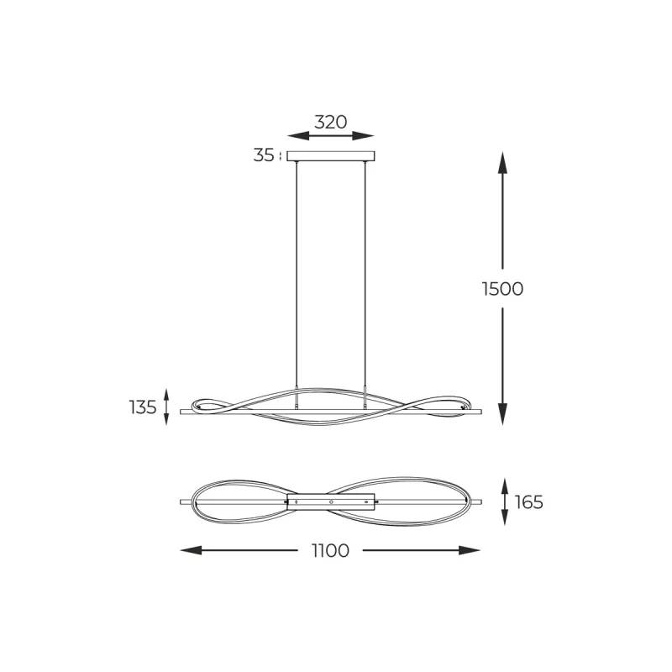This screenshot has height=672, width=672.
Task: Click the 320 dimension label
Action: (330, 122)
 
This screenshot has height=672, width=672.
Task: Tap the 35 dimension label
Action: (263, 155)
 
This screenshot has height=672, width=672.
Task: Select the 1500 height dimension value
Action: (502, 289)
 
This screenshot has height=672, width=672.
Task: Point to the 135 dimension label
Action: (143, 407)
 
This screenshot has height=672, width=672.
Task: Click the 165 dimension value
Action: (529, 501)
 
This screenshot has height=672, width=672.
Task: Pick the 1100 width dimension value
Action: (330, 551)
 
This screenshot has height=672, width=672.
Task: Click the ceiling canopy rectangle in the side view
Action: (330, 156)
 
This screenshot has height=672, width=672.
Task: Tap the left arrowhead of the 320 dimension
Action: (298, 136)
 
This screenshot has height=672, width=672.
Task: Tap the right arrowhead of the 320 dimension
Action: (363, 136)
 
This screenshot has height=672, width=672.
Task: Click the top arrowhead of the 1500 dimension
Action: (502, 162)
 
